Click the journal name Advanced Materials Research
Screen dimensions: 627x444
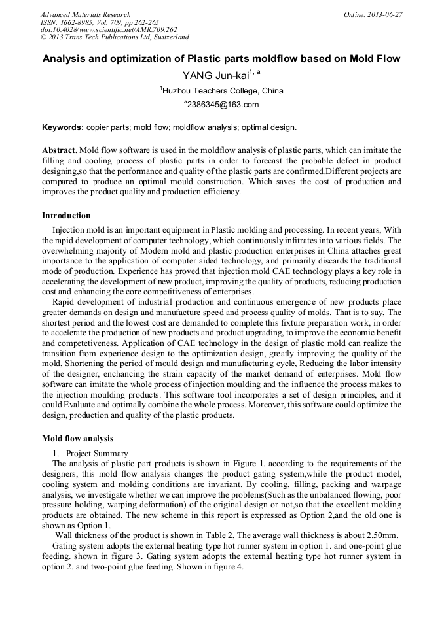[85, 14]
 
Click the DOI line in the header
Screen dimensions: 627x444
[109, 29]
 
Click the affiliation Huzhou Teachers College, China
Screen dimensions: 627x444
[223, 91]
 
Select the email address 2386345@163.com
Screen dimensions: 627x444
[223, 105]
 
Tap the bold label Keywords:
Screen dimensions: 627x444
[63, 127]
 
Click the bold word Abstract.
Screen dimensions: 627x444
[60, 150]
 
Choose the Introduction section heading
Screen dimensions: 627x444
[66, 216]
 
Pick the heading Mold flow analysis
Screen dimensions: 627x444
[78, 438]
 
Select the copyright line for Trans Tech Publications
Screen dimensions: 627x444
[115, 37]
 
